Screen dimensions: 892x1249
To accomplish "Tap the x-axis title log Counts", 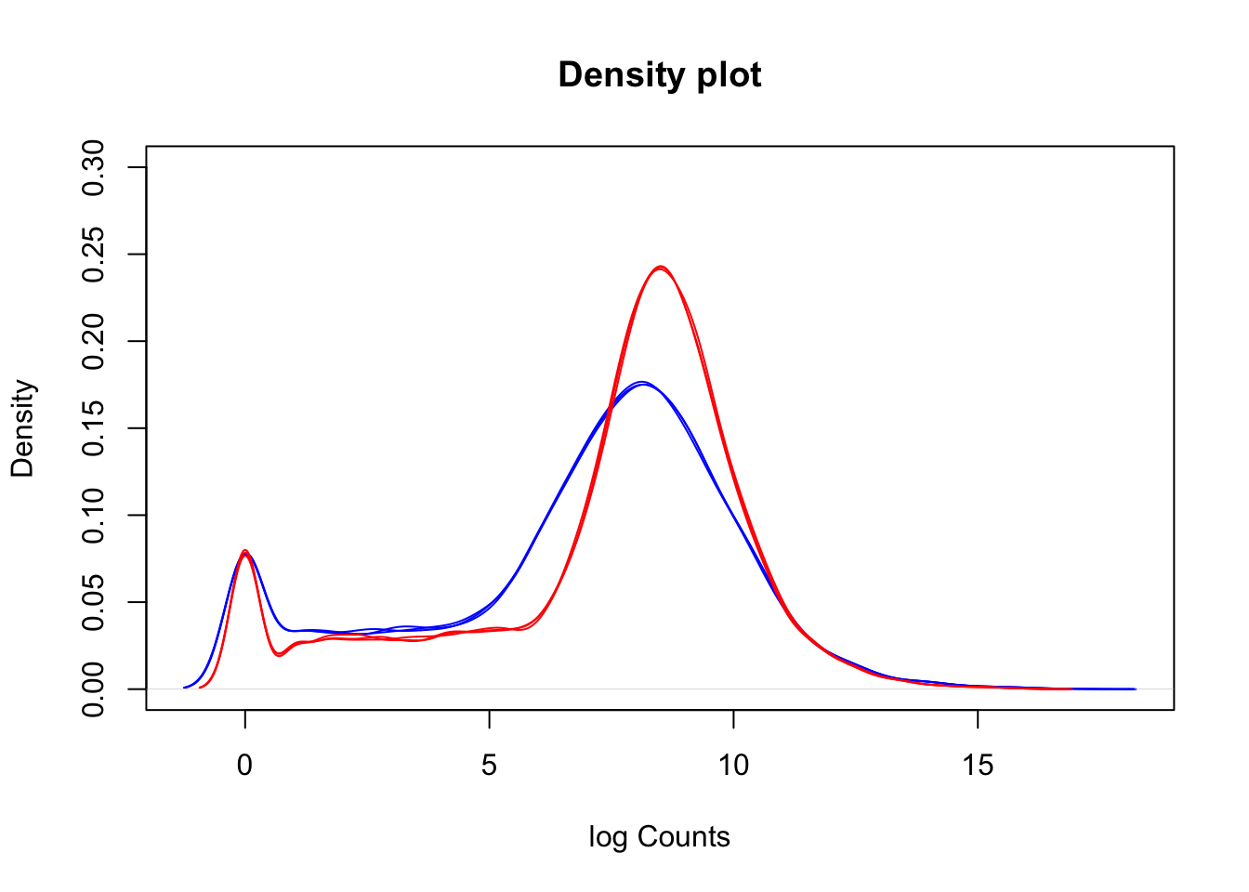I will [659, 837].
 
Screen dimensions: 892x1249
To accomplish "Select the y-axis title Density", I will [22, 428].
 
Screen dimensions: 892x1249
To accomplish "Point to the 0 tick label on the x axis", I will [244, 766].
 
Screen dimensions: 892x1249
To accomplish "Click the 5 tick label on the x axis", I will [489, 766].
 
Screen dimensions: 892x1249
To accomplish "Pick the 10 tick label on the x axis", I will [733, 766].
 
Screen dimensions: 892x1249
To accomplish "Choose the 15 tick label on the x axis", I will [978, 766].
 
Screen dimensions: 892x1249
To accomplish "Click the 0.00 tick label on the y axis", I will [94, 689].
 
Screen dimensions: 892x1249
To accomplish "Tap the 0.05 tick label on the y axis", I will [94, 602].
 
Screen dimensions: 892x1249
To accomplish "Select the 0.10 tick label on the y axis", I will [94, 515].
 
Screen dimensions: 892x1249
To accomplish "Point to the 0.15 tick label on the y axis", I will [94, 427].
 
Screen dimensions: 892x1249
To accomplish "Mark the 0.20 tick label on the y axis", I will [94, 341].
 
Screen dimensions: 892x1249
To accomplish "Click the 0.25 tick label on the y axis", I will [94, 254].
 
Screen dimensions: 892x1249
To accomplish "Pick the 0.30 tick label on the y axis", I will [94, 167].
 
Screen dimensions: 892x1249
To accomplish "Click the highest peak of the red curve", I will [660, 268].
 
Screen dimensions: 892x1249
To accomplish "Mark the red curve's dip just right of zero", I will [279, 655].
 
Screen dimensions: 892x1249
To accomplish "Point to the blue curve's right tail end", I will [1134, 689].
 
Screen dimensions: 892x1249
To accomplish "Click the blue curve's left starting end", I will [185, 688].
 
